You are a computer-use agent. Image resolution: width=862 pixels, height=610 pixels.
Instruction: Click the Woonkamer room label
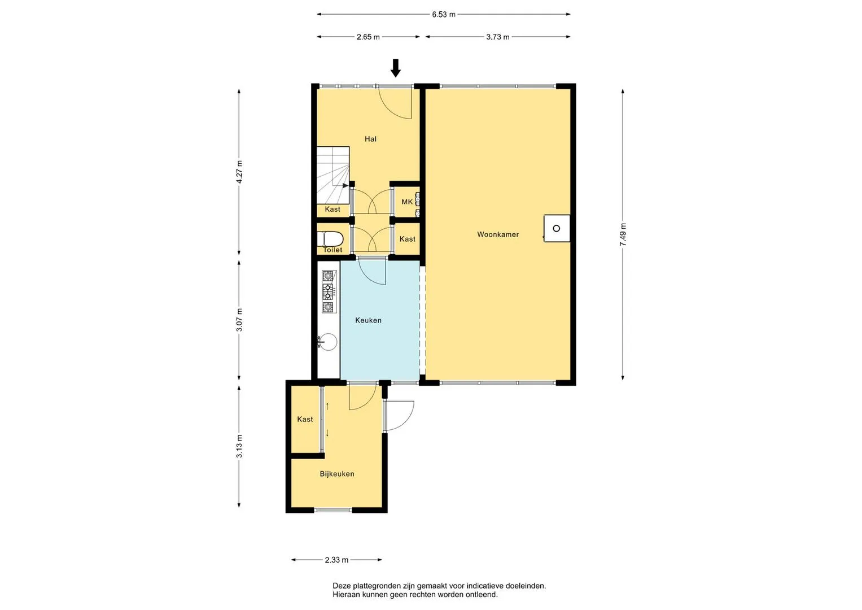pos(498,234)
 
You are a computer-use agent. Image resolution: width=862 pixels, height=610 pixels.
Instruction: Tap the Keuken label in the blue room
pos(368,320)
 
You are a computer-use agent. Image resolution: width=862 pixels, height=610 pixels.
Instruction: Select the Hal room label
pos(370,139)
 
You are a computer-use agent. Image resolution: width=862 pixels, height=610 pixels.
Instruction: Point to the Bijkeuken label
pos(337,474)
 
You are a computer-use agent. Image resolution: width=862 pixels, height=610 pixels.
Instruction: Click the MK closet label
pos(407,202)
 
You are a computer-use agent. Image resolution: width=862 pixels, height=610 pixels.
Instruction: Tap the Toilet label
pos(332,250)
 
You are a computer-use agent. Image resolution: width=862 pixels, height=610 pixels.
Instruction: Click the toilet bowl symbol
pos(330,239)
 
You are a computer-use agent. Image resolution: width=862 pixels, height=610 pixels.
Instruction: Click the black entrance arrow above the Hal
pos(396,68)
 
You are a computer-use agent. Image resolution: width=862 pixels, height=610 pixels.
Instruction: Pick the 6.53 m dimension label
pos(443,15)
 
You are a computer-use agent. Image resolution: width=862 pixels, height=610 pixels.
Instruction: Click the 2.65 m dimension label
pos(368,37)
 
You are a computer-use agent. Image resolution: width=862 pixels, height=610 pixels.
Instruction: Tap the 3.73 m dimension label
pos(497,37)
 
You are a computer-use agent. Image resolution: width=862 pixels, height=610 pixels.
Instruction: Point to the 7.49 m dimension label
pos(623,234)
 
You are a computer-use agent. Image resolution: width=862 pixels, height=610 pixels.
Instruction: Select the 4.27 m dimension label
pos(239,172)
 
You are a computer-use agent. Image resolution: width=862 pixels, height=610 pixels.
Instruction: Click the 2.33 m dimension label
pos(336,560)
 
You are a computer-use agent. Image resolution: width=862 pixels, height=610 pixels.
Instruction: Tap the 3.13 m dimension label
pos(239,447)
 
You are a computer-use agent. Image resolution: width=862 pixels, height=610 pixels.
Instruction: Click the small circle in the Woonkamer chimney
pos(557,228)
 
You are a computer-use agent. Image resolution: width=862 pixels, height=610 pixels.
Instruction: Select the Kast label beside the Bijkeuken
pos(305,419)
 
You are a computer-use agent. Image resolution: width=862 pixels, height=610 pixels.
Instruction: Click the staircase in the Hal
pos(333,175)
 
